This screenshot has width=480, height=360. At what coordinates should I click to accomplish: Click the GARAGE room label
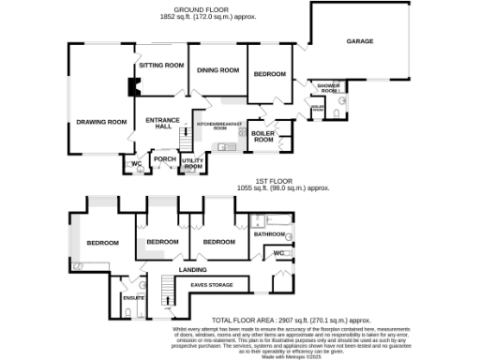tap(359, 42)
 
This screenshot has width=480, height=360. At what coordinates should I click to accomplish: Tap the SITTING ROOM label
tap(160, 66)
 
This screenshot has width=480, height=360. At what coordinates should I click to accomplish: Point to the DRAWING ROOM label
tap(101, 122)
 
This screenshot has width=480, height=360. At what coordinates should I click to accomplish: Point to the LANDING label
tap(193, 270)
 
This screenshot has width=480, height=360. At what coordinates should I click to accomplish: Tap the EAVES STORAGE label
tap(212, 284)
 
